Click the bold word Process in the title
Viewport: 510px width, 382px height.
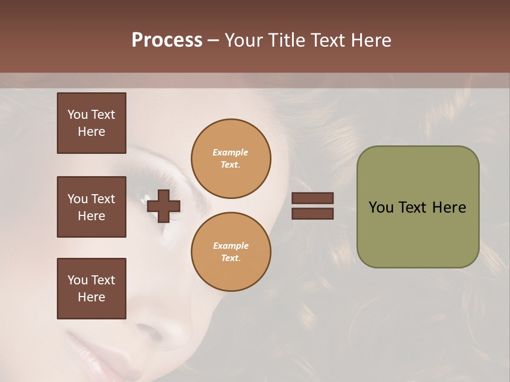pos(167,40)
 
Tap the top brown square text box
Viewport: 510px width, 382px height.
pos(91,123)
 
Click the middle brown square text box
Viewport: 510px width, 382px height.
pos(91,207)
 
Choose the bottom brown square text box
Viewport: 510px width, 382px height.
pos(91,289)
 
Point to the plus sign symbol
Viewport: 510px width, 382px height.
pos(164,206)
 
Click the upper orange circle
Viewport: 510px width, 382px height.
pos(231,158)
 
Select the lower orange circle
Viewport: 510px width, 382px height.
pos(231,251)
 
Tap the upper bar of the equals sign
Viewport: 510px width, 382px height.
pos(313,198)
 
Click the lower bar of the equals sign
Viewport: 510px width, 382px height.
pos(313,213)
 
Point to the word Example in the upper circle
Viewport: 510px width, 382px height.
pos(231,152)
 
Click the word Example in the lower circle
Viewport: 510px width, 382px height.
pos(231,246)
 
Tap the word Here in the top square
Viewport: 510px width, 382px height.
pos(91,132)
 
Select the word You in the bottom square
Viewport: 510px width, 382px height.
pos(78,280)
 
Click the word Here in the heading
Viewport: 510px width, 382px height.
pos(372,40)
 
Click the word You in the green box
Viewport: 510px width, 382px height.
pos(381,207)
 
